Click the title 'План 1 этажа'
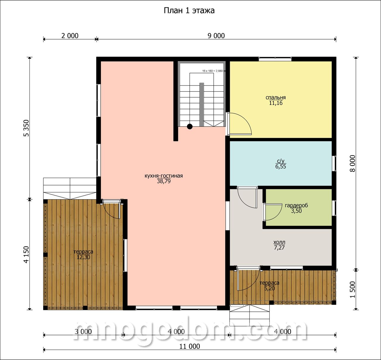pos(189,11)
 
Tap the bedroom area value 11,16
pos(276,103)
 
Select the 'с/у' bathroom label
pos(280,161)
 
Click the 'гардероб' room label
pos(296,205)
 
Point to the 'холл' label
pos(279,242)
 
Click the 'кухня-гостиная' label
pos(164,176)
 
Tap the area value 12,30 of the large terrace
pos(83,257)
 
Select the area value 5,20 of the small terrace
pos(270,288)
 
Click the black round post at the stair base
pos(190,127)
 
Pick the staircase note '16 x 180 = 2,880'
pos(213,71)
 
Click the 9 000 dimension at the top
pos(216,36)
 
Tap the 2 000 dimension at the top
pos(70,36)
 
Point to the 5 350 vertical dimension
pos(26,128)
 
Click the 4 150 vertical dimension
pos(26,254)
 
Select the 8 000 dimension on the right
pos(353,163)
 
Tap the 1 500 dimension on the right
pos(353,290)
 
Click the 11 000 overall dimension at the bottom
pos(190,346)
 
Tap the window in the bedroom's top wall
pos(275,59)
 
